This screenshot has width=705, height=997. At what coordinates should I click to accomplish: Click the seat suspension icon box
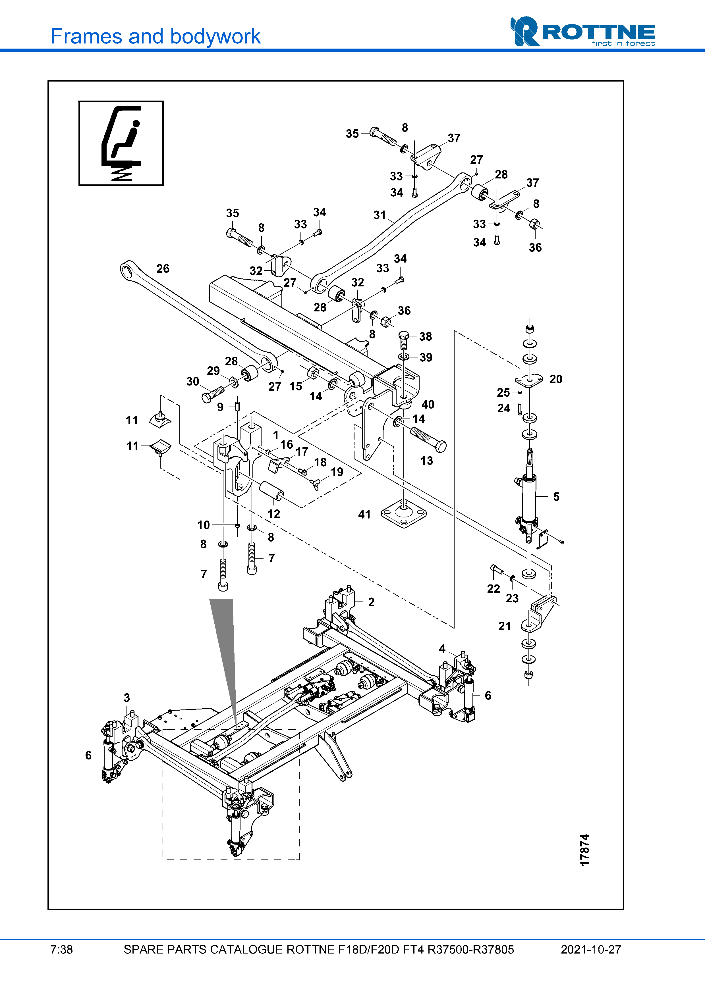point(121,143)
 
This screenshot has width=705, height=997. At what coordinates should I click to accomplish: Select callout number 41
point(364,515)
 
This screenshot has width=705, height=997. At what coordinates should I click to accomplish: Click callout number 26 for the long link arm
point(163,269)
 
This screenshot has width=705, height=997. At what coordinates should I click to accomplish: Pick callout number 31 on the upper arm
point(380,215)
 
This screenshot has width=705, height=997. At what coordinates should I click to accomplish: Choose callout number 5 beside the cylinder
point(556,497)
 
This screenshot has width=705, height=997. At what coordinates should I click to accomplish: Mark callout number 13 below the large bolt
point(427,461)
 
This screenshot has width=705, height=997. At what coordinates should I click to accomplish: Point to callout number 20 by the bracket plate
point(555,379)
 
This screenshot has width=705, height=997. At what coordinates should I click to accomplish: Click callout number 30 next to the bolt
point(193,382)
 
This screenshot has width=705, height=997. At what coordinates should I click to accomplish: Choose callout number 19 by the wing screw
point(337,472)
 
